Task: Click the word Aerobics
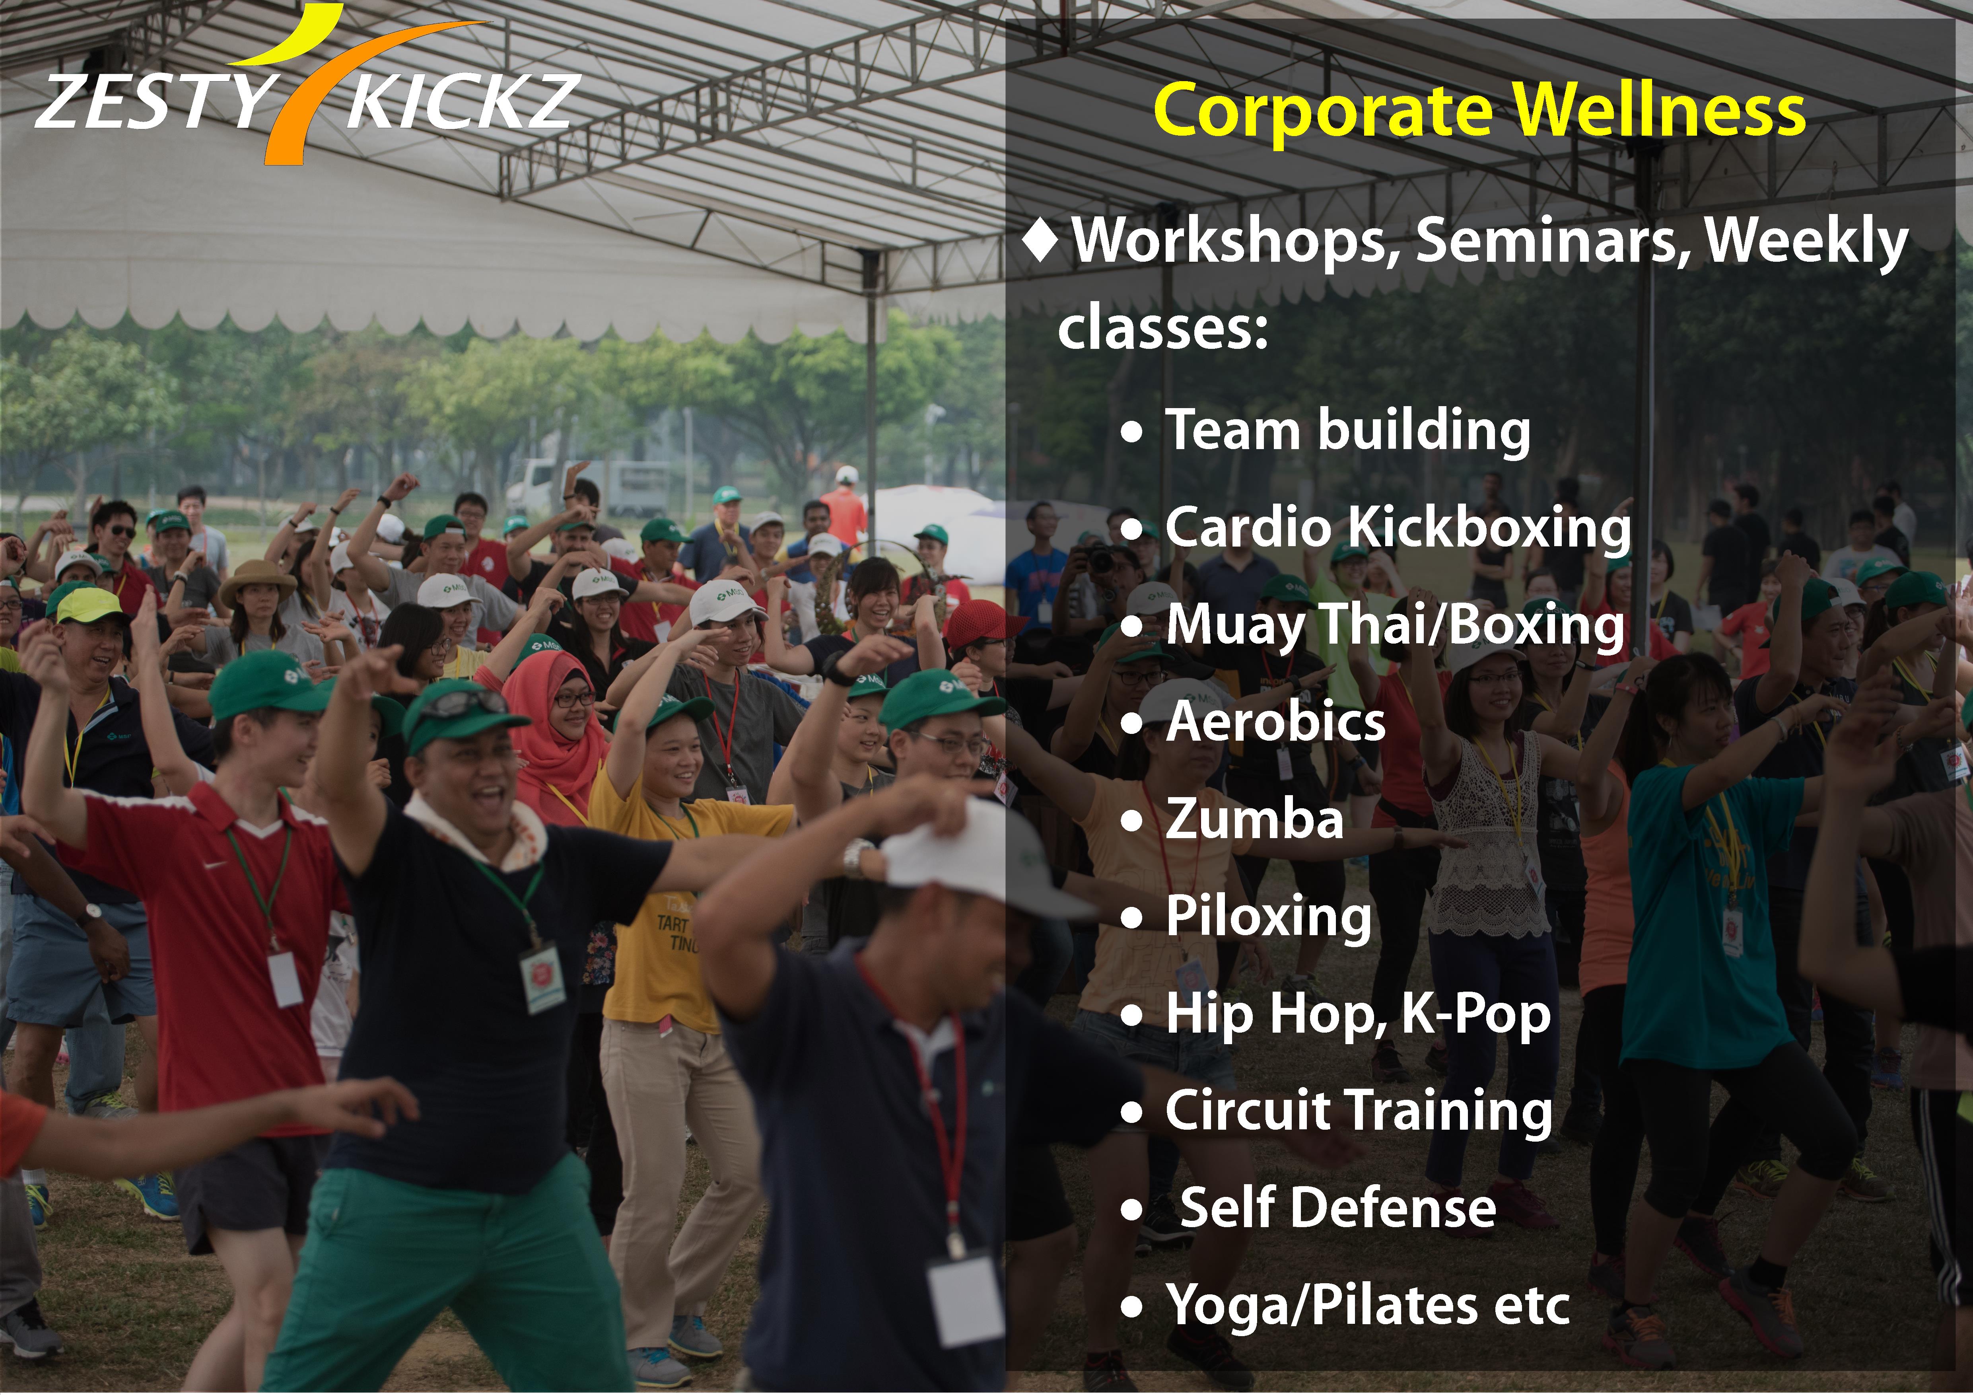(1275, 721)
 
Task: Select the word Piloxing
(1268, 916)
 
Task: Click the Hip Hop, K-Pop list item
(1358, 1014)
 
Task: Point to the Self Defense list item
(1338, 1208)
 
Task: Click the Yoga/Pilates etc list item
(1367, 1305)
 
